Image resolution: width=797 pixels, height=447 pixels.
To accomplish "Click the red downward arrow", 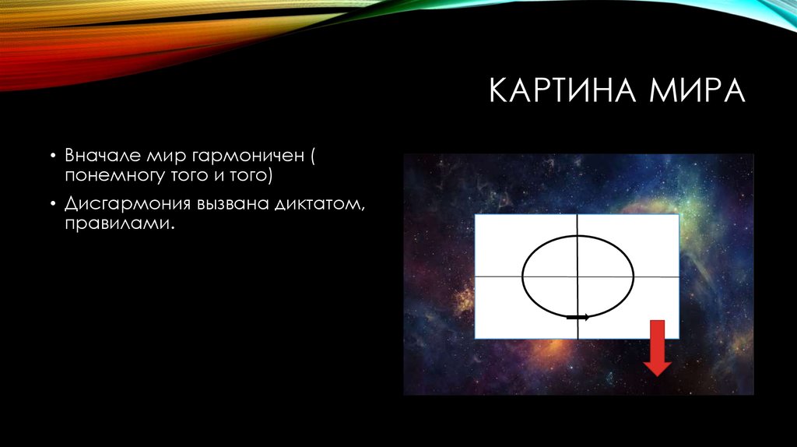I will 658,347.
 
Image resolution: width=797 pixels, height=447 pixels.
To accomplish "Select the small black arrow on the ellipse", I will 578,317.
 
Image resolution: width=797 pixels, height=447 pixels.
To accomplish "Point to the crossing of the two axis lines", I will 578,276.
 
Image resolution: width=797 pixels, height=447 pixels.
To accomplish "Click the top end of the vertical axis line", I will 578,217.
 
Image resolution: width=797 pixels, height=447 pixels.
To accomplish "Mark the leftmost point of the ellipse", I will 522,276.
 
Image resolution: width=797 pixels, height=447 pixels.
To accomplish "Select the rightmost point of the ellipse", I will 634,276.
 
